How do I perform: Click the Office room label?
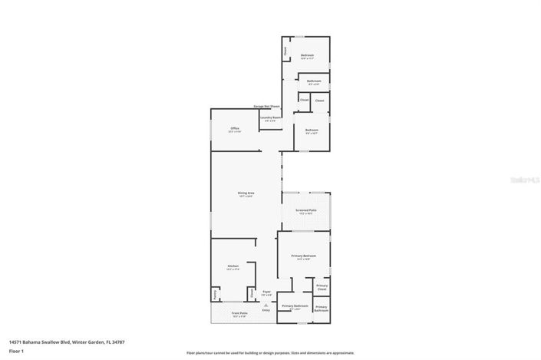click(235, 128)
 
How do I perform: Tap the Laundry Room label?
click(270, 117)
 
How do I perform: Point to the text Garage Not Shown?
click(266, 106)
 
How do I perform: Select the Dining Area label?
click(246, 193)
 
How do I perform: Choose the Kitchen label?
click(233, 266)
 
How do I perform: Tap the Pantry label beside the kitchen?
click(215, 296)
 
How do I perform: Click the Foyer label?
click(267, 292)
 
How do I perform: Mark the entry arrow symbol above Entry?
click(266, 305)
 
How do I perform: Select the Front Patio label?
click(239, 313)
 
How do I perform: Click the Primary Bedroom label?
click(304, 256)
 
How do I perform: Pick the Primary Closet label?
click(322, 287)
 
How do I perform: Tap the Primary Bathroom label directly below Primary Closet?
click(321, 309)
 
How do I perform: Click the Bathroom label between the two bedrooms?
click(314, 81)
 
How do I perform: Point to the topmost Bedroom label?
click(307, 55)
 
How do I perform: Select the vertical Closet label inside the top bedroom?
click(285, 51)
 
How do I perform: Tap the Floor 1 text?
click(17, 351)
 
